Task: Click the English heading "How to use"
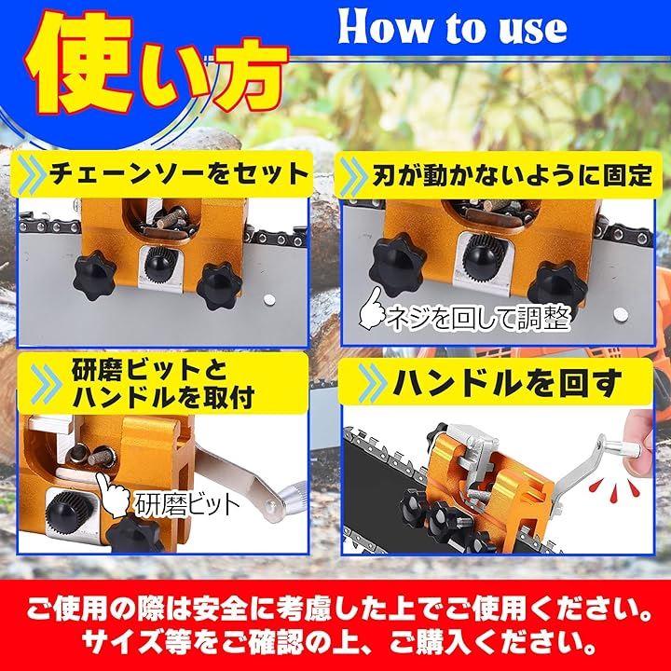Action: (x=452, y=27)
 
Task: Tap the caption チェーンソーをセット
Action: (x=178, y=173)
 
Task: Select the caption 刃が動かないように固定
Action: (x=512, y=174)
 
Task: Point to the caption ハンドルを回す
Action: (x=507, y=382)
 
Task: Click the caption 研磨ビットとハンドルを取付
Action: (x=163, y=384)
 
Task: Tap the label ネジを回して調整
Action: (x=479, y=319)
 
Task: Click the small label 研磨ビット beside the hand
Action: (x=187, y=505)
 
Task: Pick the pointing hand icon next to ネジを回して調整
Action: (x=371, y=308)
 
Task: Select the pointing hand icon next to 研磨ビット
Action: (x=113, y=493)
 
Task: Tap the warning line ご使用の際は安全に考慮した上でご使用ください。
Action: (x=339, y=609)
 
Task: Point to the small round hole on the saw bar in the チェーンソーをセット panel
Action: (x=269, y=299)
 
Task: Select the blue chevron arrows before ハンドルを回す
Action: (x=372, y=382)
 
